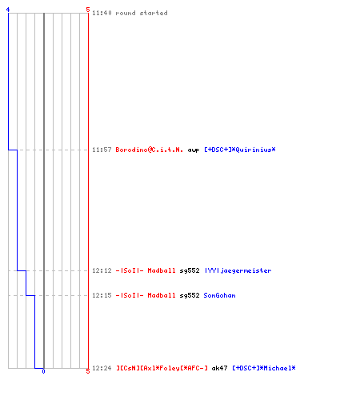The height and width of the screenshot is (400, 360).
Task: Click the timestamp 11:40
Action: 102,13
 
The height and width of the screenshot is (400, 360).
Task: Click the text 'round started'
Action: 142,13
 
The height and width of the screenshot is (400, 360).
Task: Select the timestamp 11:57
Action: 102,150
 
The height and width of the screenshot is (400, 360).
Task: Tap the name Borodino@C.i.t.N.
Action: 150,150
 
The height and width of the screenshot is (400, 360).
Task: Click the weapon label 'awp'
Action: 194,150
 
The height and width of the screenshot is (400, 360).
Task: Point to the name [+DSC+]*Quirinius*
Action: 240,150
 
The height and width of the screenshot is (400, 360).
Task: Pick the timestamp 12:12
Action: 102,270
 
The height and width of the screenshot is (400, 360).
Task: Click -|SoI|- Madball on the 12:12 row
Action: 146,270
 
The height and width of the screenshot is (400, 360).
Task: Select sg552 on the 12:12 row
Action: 190,271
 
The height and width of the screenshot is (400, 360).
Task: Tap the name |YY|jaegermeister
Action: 238,271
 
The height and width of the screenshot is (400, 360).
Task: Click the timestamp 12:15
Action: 102,295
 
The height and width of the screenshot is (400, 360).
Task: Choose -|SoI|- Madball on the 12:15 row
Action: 146,295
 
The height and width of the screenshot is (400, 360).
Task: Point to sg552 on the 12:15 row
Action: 190,296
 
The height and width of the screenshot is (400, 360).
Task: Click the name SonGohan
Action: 219,295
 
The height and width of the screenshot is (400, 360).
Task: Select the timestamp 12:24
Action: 102,368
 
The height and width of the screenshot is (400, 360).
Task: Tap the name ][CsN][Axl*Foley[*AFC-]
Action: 162,368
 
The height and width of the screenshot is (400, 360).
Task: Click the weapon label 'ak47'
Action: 219,368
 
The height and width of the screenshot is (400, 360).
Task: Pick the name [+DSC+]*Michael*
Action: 264,368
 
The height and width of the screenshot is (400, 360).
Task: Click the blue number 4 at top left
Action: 8,10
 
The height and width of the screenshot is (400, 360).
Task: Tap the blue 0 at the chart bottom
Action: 43,371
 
